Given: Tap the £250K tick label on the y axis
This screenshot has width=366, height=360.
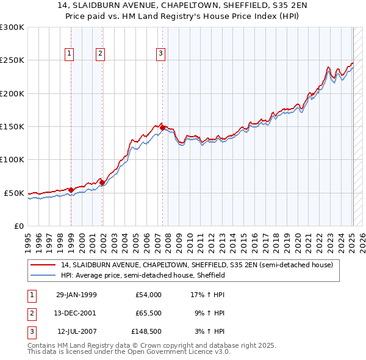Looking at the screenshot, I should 12,60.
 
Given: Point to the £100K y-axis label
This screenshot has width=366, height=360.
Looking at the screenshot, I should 12,159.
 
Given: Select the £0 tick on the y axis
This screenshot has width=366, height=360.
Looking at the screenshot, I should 18,226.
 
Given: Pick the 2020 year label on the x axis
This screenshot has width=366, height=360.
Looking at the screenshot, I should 298,239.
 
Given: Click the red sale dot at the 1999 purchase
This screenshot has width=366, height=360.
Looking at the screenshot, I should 71,190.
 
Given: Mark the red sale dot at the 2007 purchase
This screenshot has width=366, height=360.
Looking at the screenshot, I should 163,128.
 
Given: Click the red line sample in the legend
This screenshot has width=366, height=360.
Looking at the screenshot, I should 44,265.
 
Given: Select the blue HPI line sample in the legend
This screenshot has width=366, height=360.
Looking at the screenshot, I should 44,275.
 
